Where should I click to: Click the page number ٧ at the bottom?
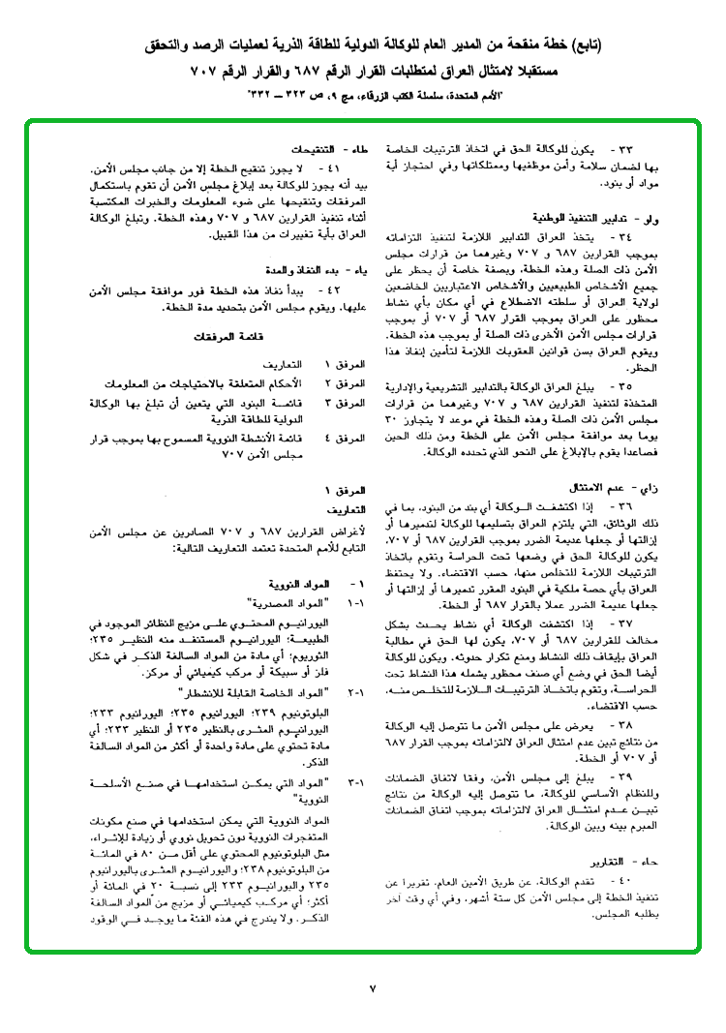click(373, 987)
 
